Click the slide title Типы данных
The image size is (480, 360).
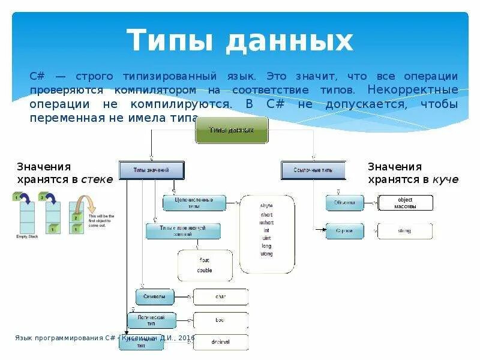(x=240, y=41)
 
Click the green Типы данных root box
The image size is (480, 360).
(x=232, y=130)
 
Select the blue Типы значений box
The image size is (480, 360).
(x=151, y=170)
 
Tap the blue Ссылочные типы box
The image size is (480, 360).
(x=313, y=170)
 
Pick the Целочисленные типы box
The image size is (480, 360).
(x=194, y=202)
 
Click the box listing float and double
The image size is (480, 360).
(x=205, y=265)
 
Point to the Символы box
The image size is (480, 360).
(x=154, y=296)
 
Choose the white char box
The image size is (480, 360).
(x=220, y=296)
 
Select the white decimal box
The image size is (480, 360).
(x=220, y=342)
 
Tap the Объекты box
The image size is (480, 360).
(x=344, y=202)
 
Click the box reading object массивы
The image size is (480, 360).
(x=405, y=203)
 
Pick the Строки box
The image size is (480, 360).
(x=344, y=230)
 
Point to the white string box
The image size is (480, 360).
(x=404, y=230)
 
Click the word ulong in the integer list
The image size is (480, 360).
(x=266, y=254)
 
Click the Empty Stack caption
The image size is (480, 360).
(x=26, y=237)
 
